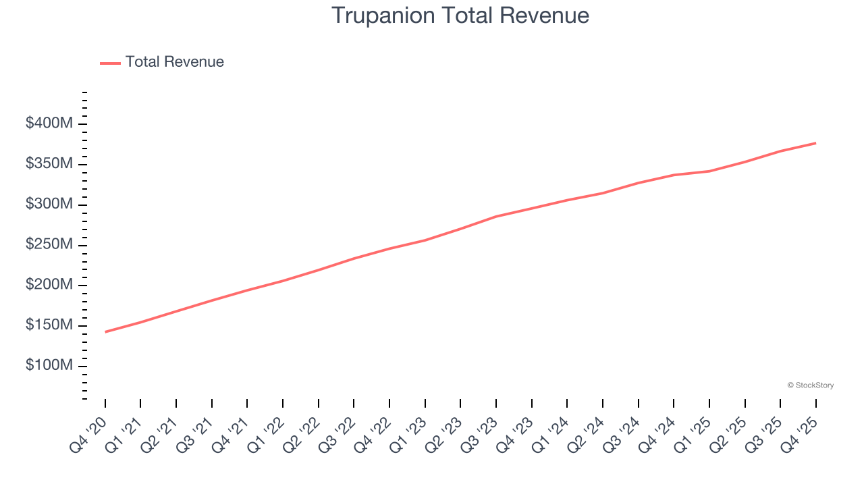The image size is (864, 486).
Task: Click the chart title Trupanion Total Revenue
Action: [460, 16]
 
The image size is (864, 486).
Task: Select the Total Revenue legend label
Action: [174, 62]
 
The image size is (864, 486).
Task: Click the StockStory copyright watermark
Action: [810, 385]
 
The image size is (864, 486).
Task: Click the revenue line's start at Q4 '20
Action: [105, 332]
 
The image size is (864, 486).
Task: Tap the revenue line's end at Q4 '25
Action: [816, 143]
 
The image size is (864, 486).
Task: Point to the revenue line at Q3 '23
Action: [496, 217]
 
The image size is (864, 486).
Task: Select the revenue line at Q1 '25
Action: [709, 171]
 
